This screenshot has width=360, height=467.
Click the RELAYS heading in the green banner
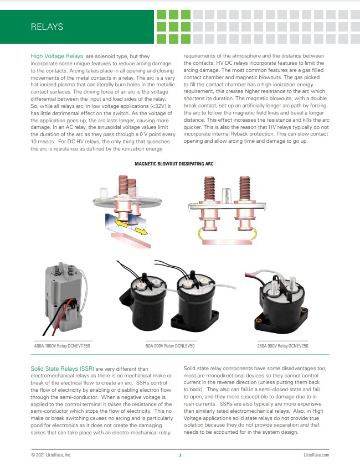pyautogui.click(x=47, y=27)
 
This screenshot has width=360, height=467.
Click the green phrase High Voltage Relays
pyautogui.click(x=56, y=56)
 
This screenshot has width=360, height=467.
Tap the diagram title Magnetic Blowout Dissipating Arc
pyautogui.click(x=174, y=163)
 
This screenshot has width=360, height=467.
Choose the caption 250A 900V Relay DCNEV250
pyautogui.click(x=282, y=345)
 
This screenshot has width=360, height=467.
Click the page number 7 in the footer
pyautogui.click(x=180, y=455)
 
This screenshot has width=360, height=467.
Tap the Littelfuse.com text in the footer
pyautogui.click(x=316, y=455)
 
